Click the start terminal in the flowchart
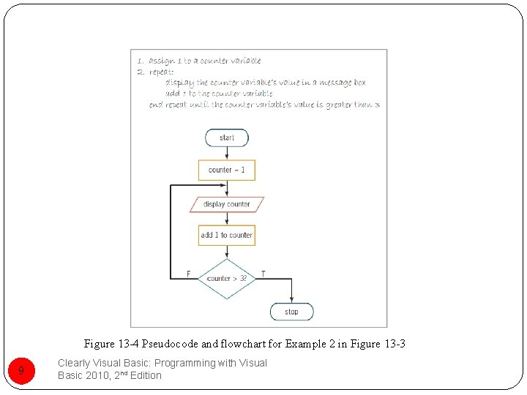coord(227,138)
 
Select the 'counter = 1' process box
coord(227,170)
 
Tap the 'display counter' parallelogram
coord(227,204)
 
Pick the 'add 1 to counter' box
coord(227,235)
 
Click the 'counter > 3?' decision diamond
coord(227,279)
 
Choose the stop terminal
coord(291,312)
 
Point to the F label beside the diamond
coord(188,274)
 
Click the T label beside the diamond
coord(263,274)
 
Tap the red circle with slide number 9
coord(21,371)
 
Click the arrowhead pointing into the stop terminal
coord(291,300)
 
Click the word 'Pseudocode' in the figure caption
coord(168,344)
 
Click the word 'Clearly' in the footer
coord(74,363)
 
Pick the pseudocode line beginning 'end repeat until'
coord(264,105)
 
